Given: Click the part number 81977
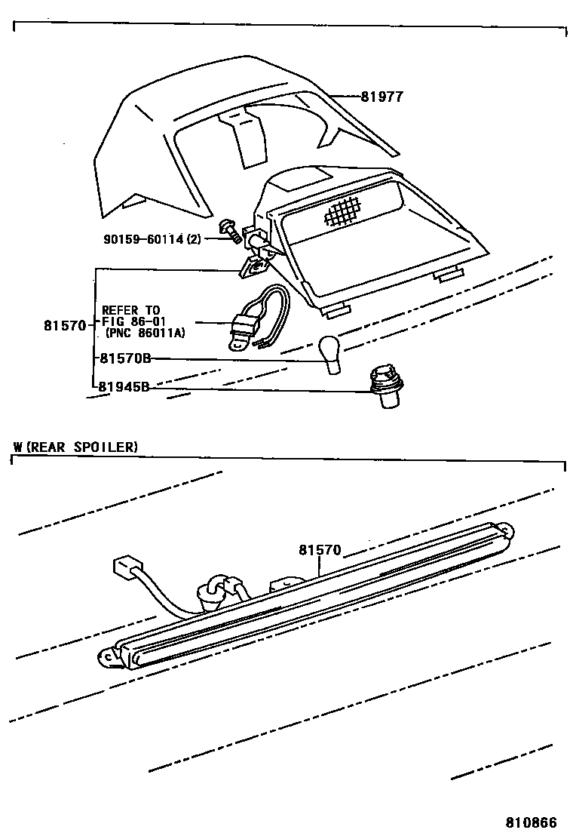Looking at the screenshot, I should (x=381, y=97).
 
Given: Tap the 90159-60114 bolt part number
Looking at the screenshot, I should (x=152, y=239).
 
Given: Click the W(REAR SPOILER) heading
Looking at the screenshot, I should (x=75, y=447).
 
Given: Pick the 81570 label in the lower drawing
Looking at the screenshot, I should (x=320, y=552).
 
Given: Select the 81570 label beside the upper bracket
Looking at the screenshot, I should (x=66, y=326).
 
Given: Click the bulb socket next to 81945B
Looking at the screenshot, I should (x=384, y=387).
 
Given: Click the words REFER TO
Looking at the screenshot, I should (x=131, y=309).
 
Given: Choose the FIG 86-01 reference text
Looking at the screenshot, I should (x=133, y=321).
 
